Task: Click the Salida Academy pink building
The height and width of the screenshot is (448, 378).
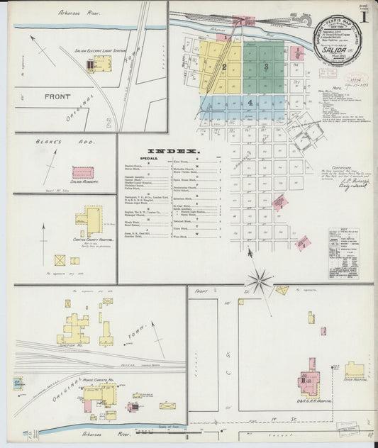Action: (x=83, y=172)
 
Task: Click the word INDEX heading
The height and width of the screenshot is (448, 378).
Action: (x=178, y=151)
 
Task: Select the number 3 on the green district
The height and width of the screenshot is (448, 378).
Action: (x=265, y=67)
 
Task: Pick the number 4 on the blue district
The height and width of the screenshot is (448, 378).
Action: (x=250, y=102)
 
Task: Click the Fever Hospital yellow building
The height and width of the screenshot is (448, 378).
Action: (x=354, y=370)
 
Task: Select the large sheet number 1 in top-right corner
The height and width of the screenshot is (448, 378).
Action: (x=362, y=15)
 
